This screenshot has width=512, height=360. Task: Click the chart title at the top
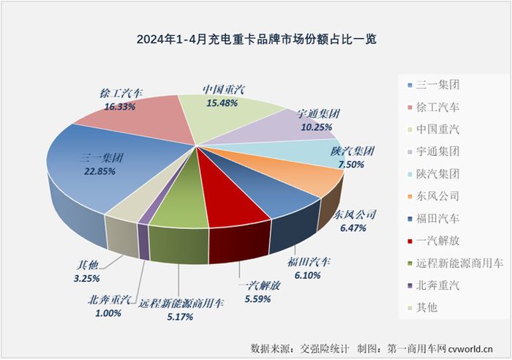(255, 38)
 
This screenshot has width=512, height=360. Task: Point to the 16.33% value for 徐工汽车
(121, 106)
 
